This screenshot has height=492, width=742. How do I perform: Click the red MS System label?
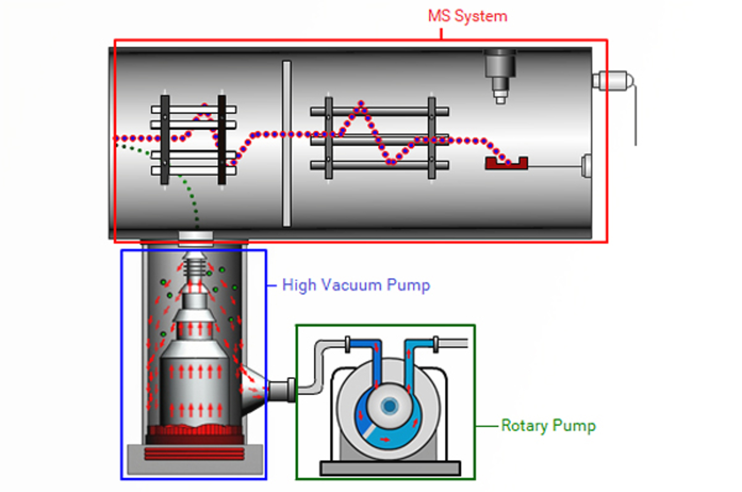click(467, 16)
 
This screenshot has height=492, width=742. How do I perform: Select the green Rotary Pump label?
click(548, 425)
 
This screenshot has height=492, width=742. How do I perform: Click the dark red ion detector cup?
click(506, 164)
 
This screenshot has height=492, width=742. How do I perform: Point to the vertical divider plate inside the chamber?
click(287, 144)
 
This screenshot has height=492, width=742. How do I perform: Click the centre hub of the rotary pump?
click(390, 406)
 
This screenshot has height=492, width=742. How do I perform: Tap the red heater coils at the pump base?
click(195, 453)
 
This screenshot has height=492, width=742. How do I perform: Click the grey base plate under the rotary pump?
click(390, 468)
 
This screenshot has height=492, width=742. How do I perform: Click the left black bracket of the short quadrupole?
click(165, 139)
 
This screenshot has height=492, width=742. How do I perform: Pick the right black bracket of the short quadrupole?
click(222, 139)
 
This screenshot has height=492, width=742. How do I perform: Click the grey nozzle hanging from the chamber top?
click(500, 74)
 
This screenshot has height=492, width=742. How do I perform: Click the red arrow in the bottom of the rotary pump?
click(385, 440)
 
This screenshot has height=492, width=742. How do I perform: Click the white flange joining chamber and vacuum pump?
click(196, 236)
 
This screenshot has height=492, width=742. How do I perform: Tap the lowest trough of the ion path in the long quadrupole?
click(391, 162)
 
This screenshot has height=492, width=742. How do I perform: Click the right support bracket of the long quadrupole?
click(432, 138)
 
